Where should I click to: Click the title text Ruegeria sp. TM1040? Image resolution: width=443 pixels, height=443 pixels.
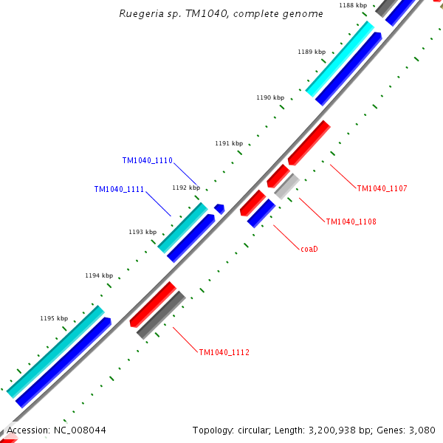[221, 14]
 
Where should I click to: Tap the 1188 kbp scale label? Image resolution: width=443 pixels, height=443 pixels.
[352, 5]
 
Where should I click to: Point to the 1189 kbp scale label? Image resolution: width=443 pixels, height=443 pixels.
[311, 52]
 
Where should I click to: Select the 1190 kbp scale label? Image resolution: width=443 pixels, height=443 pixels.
[269, 97]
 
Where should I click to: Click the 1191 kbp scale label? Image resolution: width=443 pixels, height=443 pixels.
[228, 143]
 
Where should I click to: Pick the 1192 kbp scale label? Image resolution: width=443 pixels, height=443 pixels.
[185, 188]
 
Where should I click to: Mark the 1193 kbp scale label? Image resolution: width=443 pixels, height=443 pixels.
[142, 232]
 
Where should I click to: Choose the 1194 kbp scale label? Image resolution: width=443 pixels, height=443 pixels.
[98, 275]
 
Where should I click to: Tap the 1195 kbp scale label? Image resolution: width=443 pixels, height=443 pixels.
[54, 318]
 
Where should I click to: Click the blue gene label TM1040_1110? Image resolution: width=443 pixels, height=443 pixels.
[147, 160]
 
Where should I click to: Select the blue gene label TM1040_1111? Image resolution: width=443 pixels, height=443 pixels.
[119, 189]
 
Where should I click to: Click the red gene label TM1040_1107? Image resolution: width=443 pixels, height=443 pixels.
[382, 188]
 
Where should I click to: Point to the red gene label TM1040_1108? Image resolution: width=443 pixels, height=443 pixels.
[351, 221]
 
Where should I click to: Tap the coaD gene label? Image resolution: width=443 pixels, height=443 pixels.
[309, 249]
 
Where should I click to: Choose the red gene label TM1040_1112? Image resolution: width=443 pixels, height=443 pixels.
[224, 352]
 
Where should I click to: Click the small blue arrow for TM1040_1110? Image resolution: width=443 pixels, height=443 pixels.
[219, 209]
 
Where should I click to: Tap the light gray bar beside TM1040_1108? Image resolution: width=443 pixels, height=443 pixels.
[286, 185]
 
